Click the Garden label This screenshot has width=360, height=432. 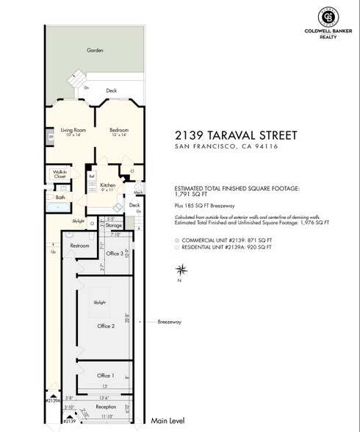click(x=95, y=50)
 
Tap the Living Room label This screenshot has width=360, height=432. click(x=73, y=129)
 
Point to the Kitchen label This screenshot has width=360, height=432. click(x=108, y=187)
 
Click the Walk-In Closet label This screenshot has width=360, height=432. click(x=60, y=174)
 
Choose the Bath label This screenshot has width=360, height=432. click(x=60, y=197)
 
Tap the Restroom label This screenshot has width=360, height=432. click(x=79, y=245)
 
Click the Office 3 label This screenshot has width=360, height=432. click(x=114, y=253)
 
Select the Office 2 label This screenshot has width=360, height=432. click(x=107, y=325)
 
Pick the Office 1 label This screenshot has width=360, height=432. click(x=106, y=375)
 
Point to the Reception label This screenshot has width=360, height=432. click(x=106, y=406)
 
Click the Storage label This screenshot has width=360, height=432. click(x=113, y=225)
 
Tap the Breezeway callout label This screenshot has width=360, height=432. click(x=170, y=322)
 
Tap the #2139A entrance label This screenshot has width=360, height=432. click(x=51, y=401)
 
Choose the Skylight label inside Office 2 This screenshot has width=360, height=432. click(x=100, y=302)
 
